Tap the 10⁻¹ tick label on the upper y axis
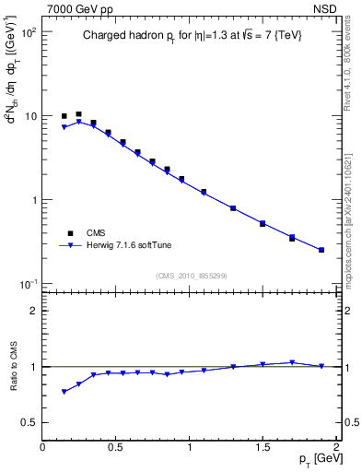pos(29,284)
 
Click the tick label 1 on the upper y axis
pos(33,200)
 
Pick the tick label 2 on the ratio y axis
pos(34,311)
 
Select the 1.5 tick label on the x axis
pos(263,447)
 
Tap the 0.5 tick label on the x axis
pos(116,447)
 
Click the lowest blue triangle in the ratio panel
pos(64,392)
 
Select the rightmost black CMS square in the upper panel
pos(321,250)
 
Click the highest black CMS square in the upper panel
pos(78,114)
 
